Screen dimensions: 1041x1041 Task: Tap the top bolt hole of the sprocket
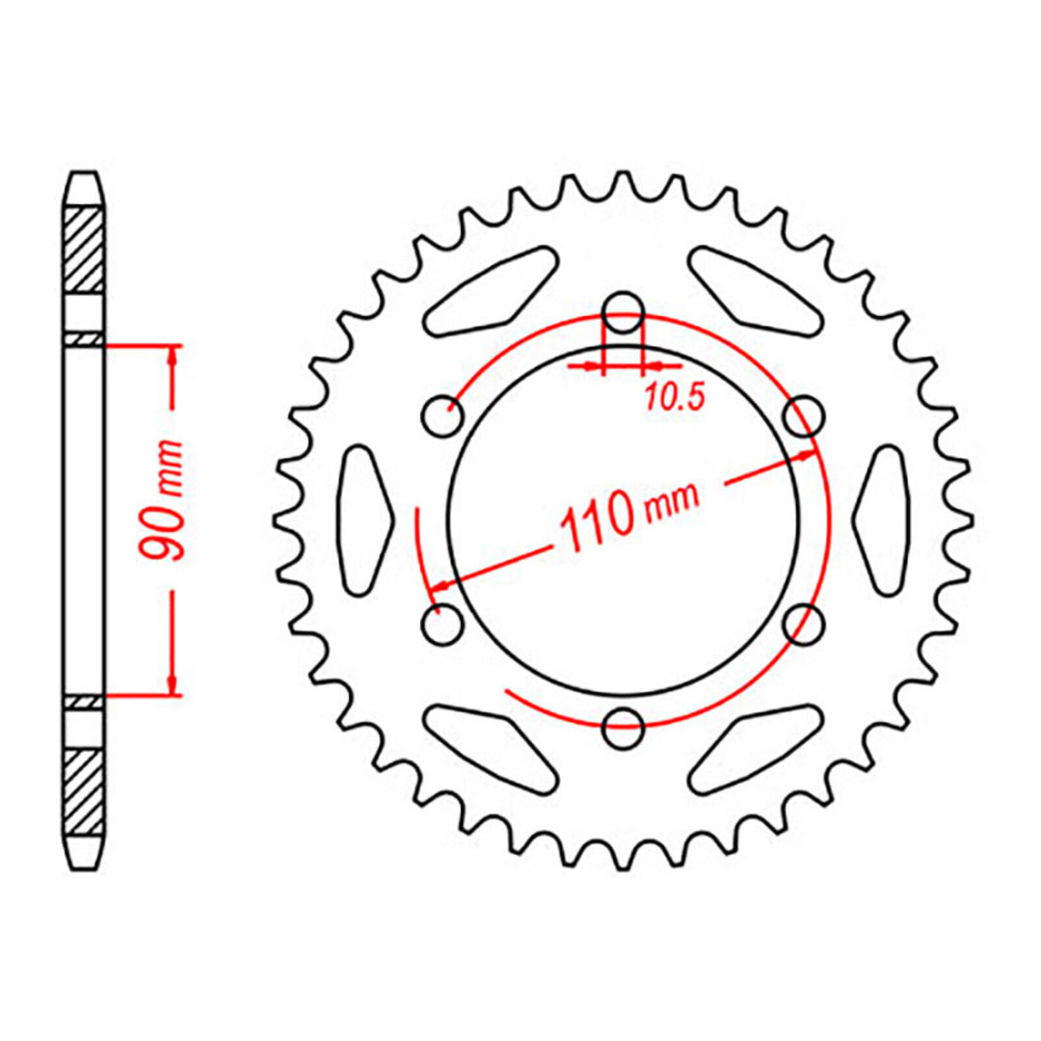(x=624, y=310)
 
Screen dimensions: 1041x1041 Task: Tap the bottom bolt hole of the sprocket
(x=626, y=728)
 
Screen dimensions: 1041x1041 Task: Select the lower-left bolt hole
(x=443, y=625)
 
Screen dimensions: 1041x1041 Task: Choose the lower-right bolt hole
(x=805, y=624)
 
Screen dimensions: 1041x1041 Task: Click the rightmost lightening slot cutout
(x=885, y=520)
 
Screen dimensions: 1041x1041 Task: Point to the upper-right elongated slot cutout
(x=757, y=289)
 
